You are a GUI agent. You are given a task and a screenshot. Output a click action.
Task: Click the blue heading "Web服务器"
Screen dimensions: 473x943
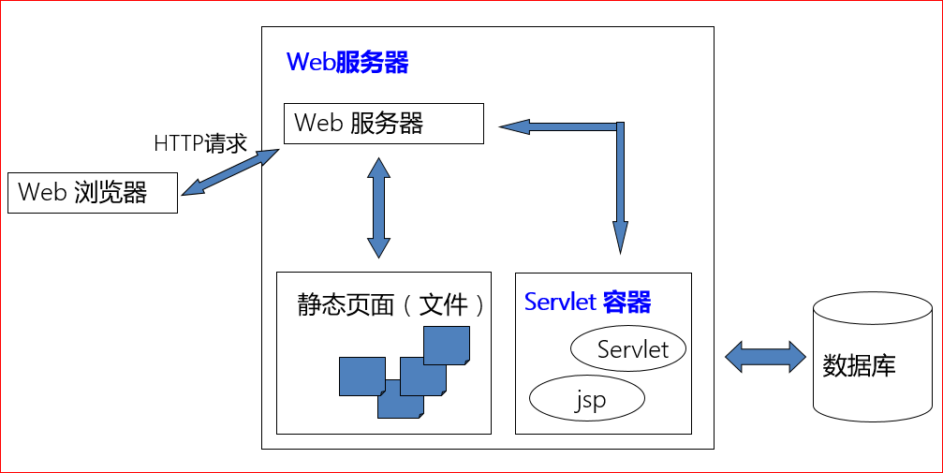click(x=346, y=63)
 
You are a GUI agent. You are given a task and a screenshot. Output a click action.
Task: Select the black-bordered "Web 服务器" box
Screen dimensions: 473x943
click(x=383, y=124)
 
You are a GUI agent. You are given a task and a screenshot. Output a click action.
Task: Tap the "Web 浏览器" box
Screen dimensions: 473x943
click(x=92, y=193)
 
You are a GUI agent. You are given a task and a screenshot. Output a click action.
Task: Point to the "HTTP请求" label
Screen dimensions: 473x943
click(x=199, y=143)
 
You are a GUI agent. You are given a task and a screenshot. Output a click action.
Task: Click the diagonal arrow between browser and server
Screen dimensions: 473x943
click(x=230, y=171)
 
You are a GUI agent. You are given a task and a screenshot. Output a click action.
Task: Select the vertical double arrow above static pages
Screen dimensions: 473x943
click(x=378, y=207)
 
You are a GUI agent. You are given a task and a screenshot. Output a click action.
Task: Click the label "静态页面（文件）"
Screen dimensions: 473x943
click(x=391, y=305)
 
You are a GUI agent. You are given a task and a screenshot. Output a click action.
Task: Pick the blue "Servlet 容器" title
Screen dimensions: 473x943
click(x=587, y=303)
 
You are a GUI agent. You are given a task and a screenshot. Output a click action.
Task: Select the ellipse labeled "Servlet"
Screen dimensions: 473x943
click(x=628, y=349)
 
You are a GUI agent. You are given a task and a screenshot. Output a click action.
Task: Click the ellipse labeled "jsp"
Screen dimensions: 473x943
click(x=588, y=399)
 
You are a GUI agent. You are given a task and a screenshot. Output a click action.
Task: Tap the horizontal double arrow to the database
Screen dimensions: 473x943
click(x=765, y=356)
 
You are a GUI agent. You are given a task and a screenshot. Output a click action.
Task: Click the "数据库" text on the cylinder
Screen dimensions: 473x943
click(x=859, y=365)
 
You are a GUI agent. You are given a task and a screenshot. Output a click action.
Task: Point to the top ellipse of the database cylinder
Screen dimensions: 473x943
click(x=872, y=307)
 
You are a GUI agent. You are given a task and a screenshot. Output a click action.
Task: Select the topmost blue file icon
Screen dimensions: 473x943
click(x=447, y=345)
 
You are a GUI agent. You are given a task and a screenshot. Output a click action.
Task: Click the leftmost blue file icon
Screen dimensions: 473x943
click(x=361, y=376)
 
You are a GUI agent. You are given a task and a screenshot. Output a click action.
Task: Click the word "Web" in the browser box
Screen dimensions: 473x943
click(x=40, y=193)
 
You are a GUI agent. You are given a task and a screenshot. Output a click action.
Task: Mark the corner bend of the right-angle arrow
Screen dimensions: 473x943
click(x=620, y=126)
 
